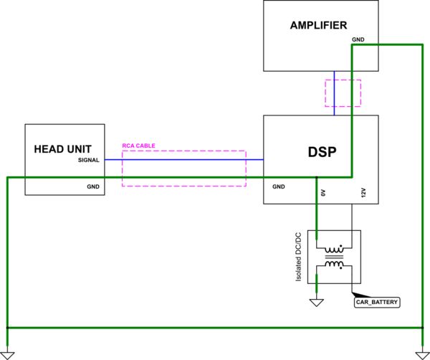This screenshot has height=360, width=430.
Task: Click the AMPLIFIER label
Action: click(320, 25)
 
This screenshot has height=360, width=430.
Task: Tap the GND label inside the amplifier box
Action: click(358, 39)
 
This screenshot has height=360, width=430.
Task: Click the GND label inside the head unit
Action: click(93, 186)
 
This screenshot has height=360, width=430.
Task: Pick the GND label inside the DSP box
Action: click(279, 186)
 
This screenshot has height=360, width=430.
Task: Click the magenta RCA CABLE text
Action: click(138, 146)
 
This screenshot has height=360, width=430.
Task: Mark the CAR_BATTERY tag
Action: click(377, 303)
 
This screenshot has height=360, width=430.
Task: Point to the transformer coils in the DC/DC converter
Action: click(334, 257)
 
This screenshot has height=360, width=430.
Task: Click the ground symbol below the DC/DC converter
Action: click(316, 301)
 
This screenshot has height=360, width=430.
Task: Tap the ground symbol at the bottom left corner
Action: click(8, 354)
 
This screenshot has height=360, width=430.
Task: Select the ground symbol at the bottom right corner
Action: click(421, 354)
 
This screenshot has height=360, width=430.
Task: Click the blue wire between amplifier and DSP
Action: click(334, 93)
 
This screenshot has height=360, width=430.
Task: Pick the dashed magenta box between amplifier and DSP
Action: click(343, 93)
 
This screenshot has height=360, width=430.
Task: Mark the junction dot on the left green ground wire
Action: click(8, 328)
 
